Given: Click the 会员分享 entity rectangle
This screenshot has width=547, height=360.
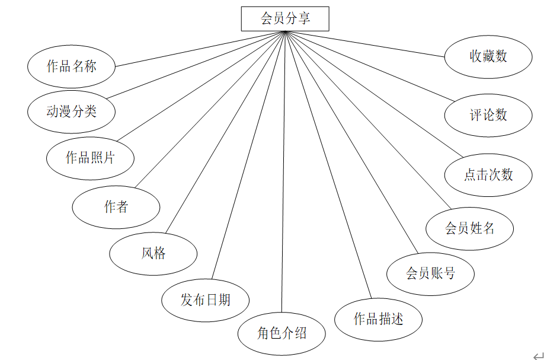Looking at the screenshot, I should point(284,18).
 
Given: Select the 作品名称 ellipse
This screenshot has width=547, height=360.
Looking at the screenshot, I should point(71,66).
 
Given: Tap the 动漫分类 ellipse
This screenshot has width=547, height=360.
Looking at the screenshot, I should point(71,111).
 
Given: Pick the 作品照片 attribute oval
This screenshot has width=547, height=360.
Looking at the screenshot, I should point(90,158).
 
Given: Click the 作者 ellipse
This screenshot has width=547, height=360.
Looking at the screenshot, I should point(116,206).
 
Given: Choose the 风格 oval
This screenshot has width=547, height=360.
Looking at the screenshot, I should point(153,253).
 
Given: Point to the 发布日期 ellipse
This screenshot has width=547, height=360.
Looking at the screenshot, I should point(205,300).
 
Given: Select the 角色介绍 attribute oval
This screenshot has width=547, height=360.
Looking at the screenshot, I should point(282,333).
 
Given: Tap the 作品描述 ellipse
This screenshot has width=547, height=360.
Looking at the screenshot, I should point(378,319).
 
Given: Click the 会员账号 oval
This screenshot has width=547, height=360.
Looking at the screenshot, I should point(430,273).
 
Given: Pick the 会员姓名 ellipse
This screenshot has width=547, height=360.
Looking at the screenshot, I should point(469,228).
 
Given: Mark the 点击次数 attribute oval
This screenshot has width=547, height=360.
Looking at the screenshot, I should point(488,174).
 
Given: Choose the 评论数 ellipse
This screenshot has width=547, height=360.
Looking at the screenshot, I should point(488,114).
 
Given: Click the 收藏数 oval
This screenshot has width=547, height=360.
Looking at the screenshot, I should point(488,56).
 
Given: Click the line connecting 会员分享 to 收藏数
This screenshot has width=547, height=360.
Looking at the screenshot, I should point(364,43).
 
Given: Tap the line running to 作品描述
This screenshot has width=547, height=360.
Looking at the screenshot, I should point(328,165).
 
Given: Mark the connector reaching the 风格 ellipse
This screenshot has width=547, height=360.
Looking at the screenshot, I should point(225,132).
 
